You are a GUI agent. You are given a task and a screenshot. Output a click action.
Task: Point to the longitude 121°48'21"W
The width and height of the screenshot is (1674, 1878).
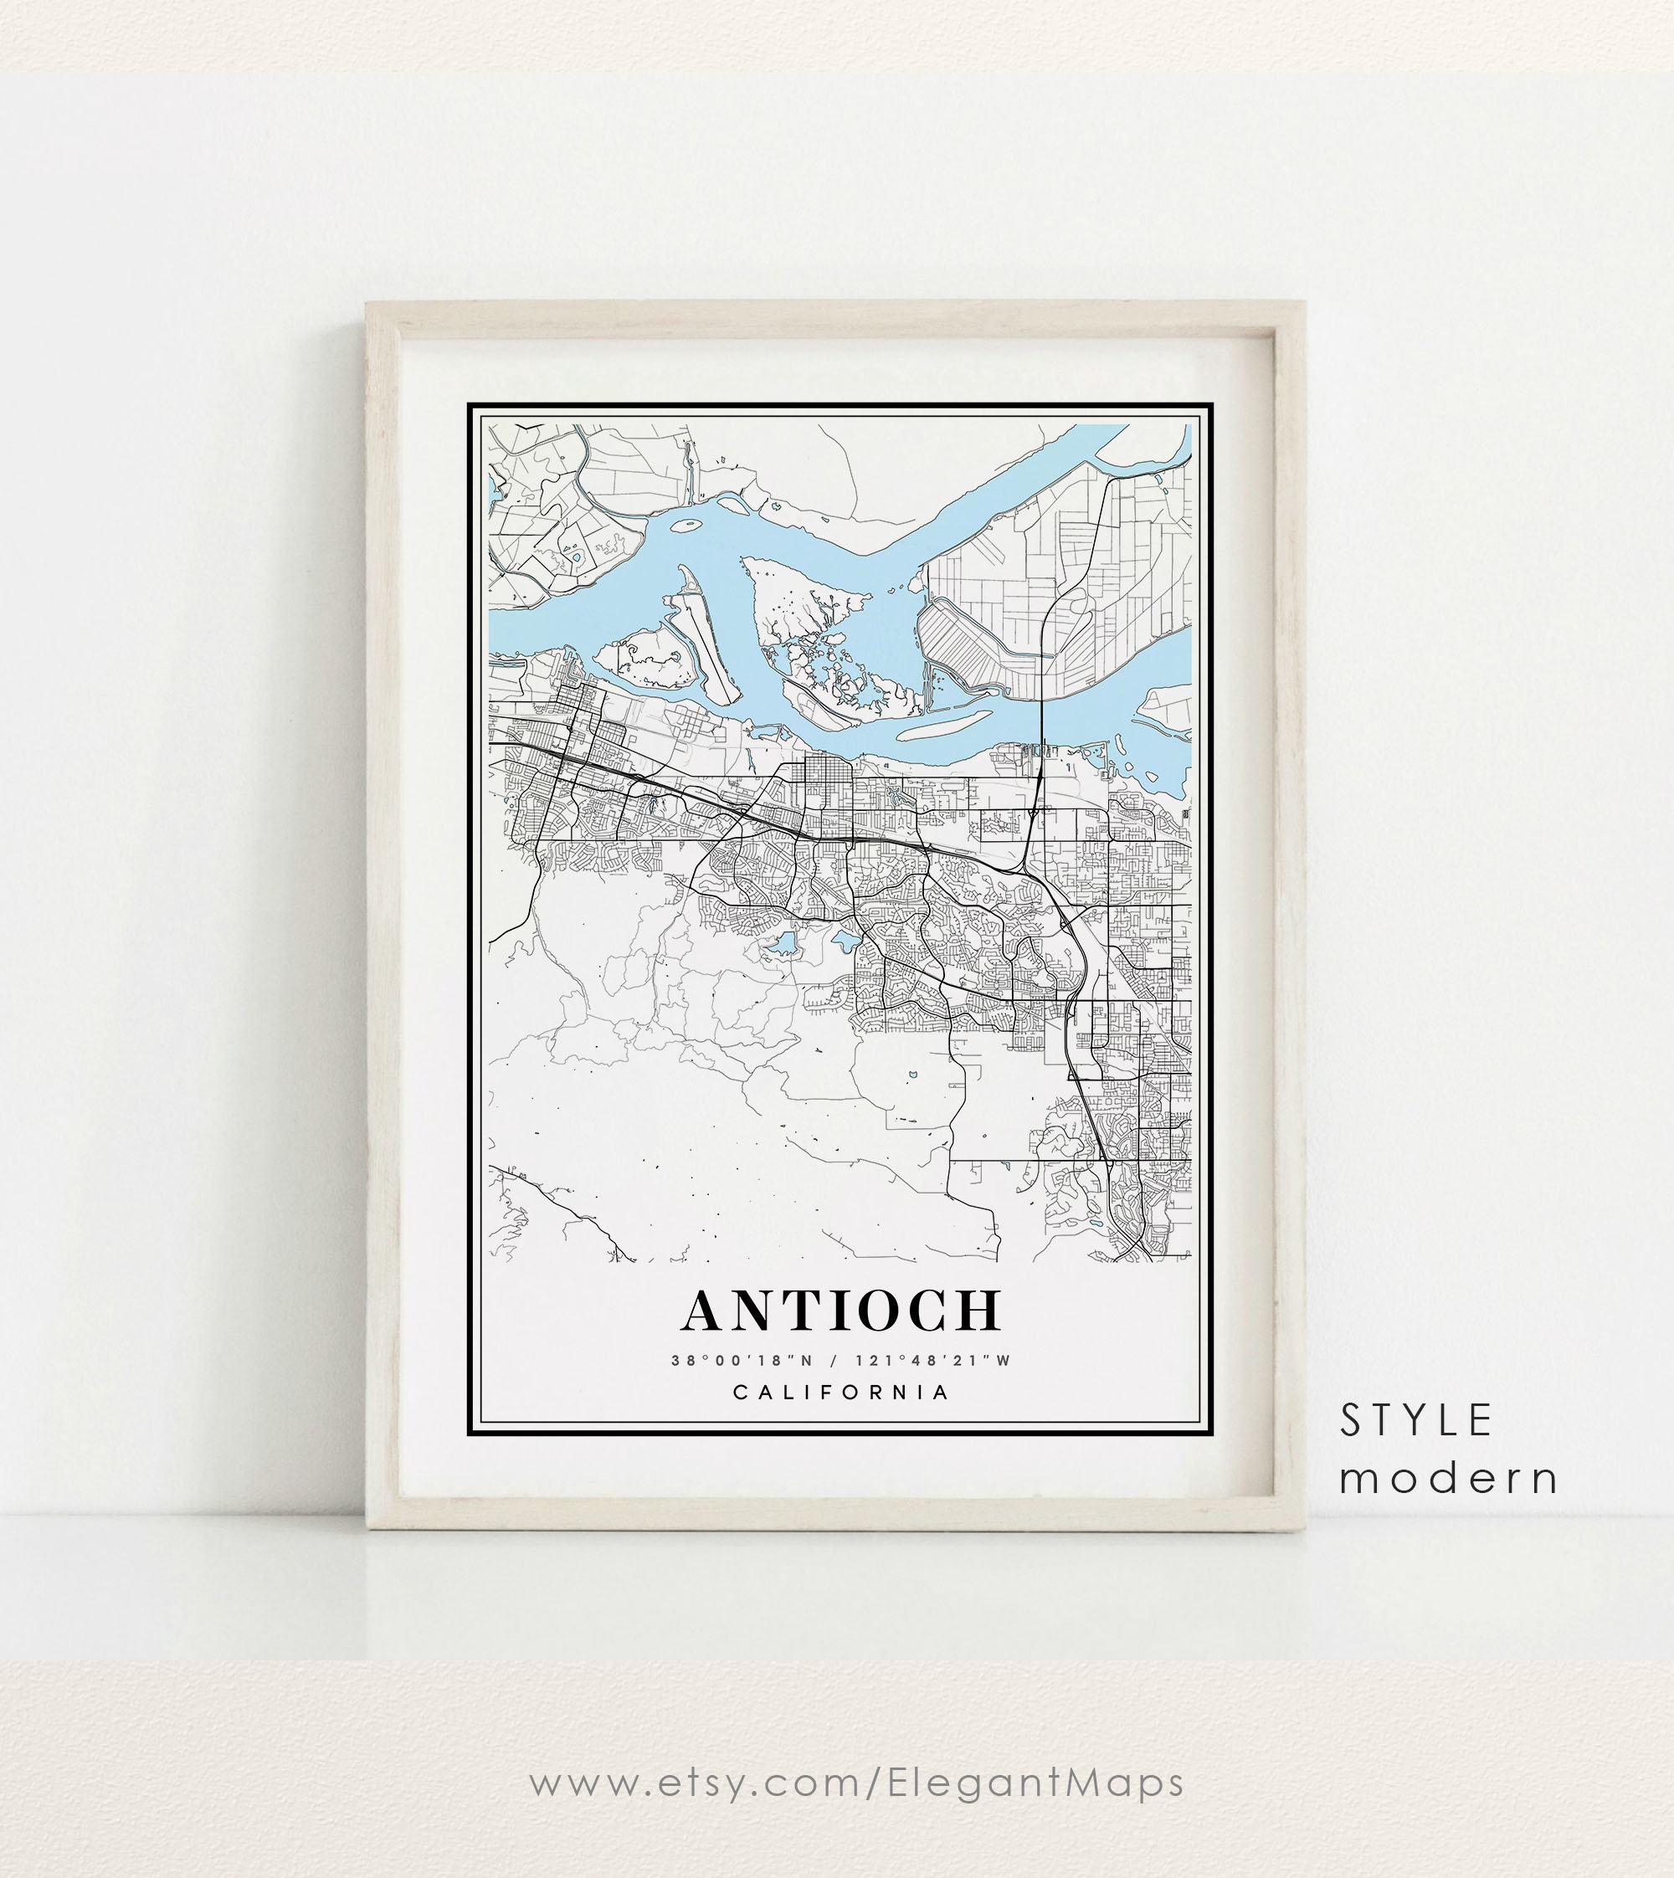[x=932, y=1361]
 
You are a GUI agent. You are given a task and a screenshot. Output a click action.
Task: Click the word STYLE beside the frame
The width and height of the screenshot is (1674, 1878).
[x=1415, y=1421]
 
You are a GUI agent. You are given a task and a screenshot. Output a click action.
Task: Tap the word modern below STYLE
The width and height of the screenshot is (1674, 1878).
[x=1449, y=1479]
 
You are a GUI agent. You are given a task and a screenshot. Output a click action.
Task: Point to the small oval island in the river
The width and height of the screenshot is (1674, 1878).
[x=686, y=527]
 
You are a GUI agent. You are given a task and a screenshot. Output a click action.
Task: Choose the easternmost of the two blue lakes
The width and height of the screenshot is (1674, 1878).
[x=845, y=940]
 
